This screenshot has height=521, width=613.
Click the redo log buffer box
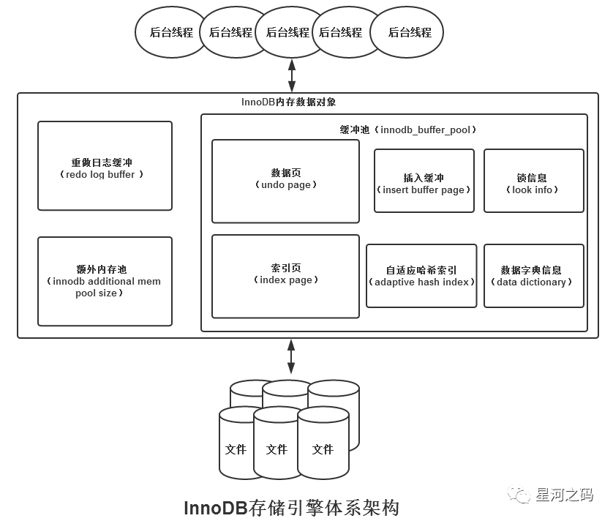tap(105, 166)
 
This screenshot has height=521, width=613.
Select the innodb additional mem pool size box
tap(105, 281)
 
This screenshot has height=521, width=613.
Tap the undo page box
tap(285, 181)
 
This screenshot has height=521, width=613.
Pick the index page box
tap(285, 276)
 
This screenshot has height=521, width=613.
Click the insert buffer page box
tap(424, 181)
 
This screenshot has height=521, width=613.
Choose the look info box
tap(534, 181)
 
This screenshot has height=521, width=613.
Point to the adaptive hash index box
tap(421, 276)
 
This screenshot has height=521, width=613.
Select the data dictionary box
tap(534, 276)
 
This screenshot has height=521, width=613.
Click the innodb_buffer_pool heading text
tap(408, 130)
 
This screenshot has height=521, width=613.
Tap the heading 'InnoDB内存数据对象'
tap(288, 102)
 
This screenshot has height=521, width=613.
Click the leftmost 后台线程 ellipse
tap(170, 33)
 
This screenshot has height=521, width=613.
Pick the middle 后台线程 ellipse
tap(287, 33)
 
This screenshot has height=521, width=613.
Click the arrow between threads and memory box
tap(292, 74)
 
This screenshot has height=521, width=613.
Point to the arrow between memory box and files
tap(291, 357)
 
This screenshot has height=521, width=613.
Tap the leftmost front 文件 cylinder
tap(236, 446)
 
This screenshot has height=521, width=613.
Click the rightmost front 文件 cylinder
tap(323, 446)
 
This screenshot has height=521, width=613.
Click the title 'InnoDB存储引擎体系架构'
tap(291, 507)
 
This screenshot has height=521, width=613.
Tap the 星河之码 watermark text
tap(565, 495)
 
